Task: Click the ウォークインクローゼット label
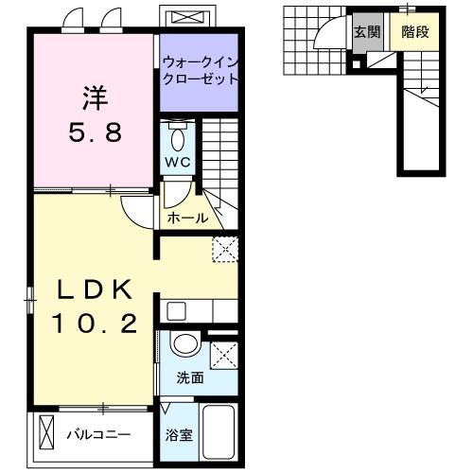[199, 71]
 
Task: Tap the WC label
[178, 163]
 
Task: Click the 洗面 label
[190, 378]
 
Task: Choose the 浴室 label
[180, 436]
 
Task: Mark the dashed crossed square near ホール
[224, 247]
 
